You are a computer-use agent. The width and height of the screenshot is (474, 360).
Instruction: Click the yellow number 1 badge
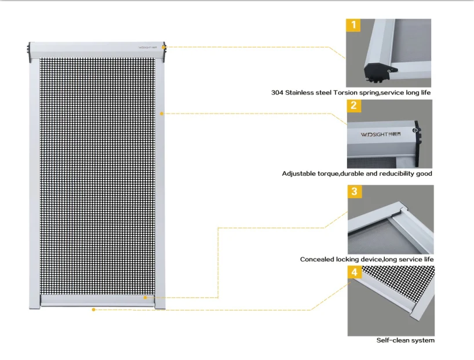[353, 25]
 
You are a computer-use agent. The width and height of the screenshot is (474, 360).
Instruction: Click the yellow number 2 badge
[353, 106]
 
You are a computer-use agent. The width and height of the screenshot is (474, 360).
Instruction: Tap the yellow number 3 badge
[354, 191]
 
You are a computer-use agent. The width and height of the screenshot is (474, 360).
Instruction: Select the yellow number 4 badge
[354, 272]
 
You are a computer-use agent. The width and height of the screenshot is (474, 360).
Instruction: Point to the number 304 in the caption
[278, 93]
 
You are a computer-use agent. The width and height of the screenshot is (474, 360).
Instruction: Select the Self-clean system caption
[405, 340]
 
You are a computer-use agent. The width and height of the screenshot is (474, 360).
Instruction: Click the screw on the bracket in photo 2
[415, 130]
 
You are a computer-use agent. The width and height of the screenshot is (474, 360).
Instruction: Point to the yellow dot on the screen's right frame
[162, 113]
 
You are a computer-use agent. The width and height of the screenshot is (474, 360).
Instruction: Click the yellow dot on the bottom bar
[145, 297]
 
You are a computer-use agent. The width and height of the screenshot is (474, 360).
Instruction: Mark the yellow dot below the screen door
[93, 310]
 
